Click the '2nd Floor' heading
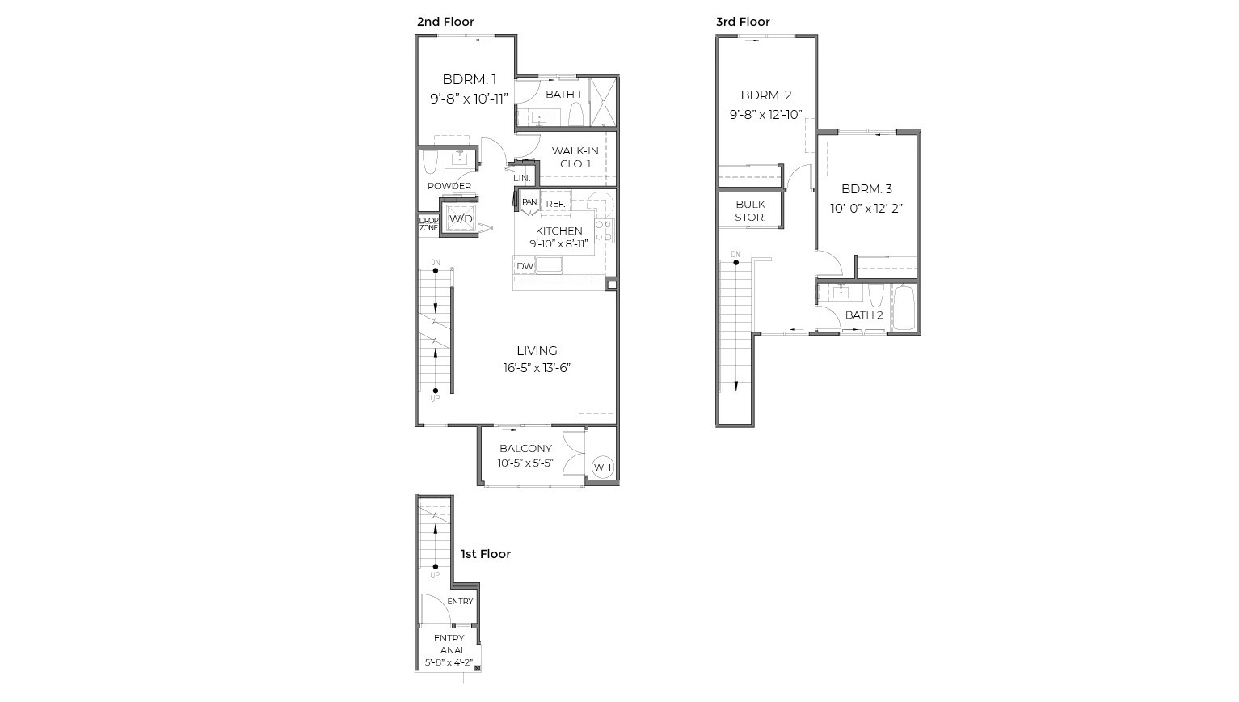(x=445, y=22)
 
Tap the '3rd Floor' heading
(x=743, y=22)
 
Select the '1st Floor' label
(x=486, y=554)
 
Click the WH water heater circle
(x=602, y=467)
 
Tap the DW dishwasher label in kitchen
(x=525, y=266)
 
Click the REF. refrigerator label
(x=555, y=204)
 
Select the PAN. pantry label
(x=529, y=202)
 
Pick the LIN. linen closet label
(x=521, y=178)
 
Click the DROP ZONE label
(x=428, y=224)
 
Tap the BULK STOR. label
(x=750, y=211)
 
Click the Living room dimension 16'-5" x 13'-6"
(x=537, y=368)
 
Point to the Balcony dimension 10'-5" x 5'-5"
(x=525, y=464)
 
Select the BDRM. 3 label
(x=866, y=189)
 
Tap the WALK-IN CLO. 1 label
(x=575, y=158)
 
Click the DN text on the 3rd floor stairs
(x=735, y=255)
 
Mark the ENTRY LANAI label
(x=449, y=645)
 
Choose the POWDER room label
(x=449, y=186)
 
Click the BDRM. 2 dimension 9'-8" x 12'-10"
(x=765, y=115)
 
